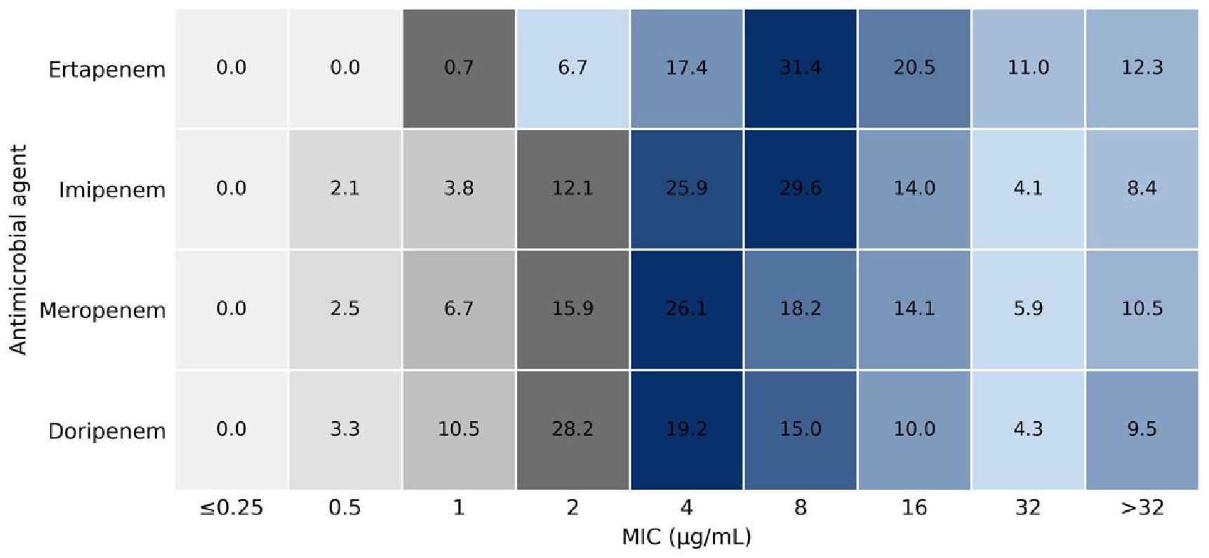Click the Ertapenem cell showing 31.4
[x=800, y=68]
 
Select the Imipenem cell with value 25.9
[x=686, y=188]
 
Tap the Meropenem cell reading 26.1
[x=686, y=309]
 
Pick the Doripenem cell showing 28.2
[x=573, y=430]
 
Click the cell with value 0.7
[x=459, y=68]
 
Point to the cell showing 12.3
[x=1142, y=68]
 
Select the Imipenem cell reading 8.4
[x=1142, y=188]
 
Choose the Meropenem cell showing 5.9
[x=1028, y=309]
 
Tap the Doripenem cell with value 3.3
[x=345, y=430]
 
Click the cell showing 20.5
[x=914, y=68]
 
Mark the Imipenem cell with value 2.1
[x=345, y=188]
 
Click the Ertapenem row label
[x=107, y=70]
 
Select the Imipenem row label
[x=112, y=190]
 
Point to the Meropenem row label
[x=102, y=310]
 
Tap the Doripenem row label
[x=107, y=431]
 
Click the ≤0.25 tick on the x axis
[x=231, y=507]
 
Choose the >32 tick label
[x=1142, y=507]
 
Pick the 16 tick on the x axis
[x=914, y=507]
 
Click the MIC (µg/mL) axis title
[x=686, y=538]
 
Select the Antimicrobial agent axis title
[x=18, y=249]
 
